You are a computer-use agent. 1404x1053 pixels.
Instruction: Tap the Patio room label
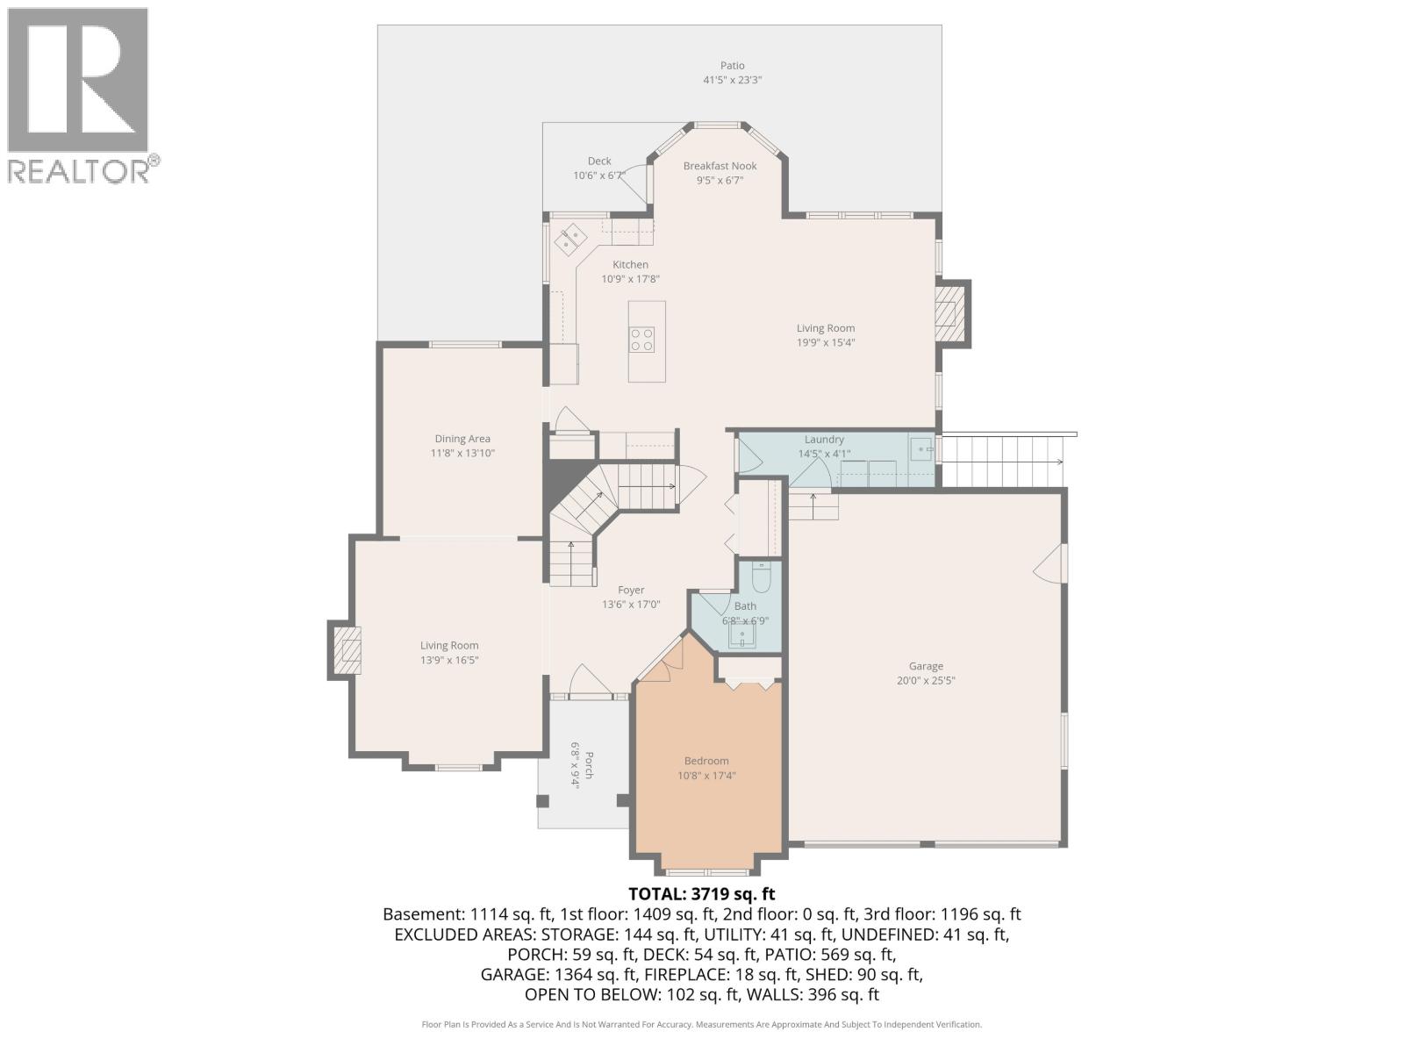732,66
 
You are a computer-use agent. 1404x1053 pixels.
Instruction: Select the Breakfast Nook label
720,166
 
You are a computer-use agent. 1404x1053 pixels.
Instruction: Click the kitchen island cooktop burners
641,340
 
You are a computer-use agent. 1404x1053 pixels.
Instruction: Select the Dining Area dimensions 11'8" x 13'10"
462,454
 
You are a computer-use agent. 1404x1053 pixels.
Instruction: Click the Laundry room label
824,440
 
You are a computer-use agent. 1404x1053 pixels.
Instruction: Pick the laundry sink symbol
920,449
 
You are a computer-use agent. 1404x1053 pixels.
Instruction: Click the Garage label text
926,666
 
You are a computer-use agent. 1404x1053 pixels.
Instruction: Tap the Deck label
599,161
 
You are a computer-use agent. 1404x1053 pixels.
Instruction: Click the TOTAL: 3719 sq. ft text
702,894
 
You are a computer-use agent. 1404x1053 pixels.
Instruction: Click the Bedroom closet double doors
749,684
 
